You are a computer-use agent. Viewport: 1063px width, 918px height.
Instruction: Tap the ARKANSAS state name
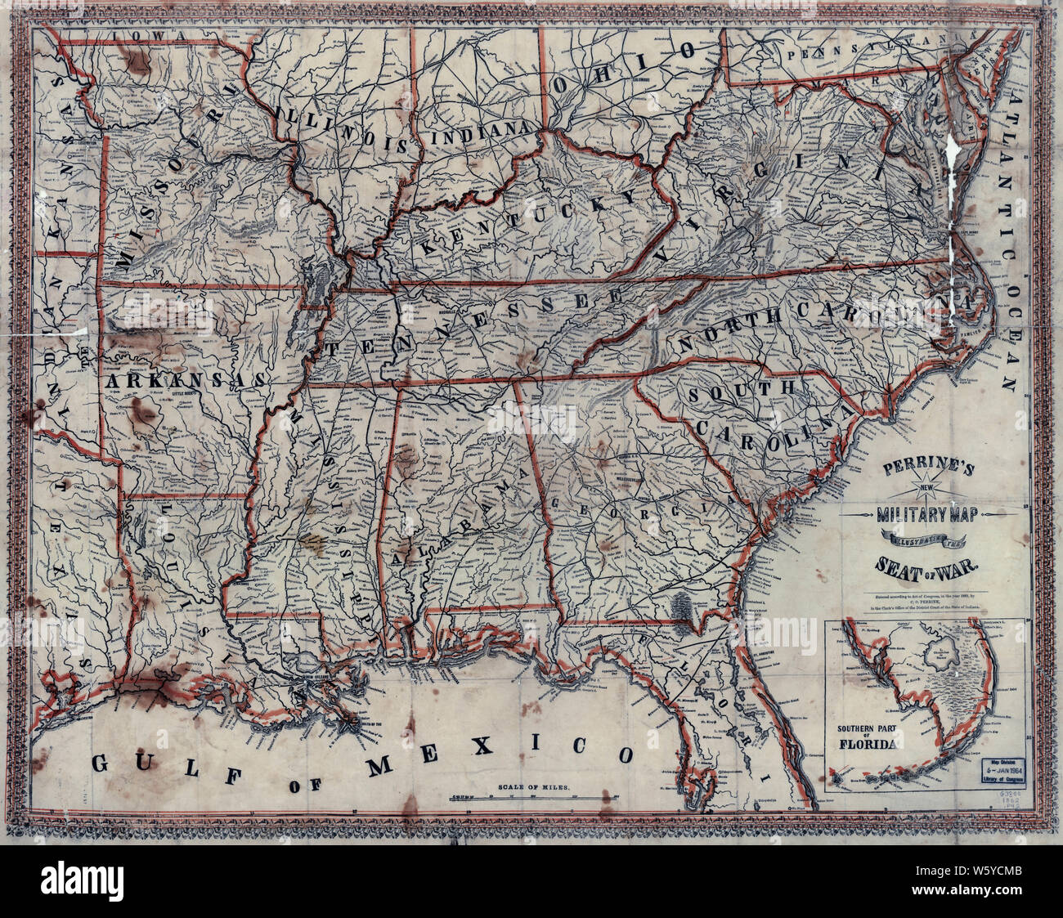point(183,381)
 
